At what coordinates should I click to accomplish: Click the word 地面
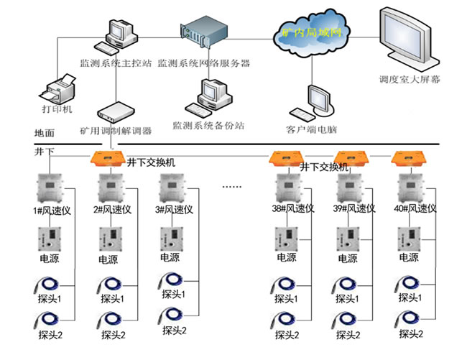pyautogui.click(x=45, y=134)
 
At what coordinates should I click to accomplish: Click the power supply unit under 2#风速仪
pyautogui.click(x=110, y=238)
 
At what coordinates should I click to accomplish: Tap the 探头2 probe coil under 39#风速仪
pyautogui.click(x=349, y=319)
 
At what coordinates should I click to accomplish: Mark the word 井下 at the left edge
pyautogui.click(x=45, y=153)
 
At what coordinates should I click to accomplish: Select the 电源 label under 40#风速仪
pyautogui.click(x=409, y=258)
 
